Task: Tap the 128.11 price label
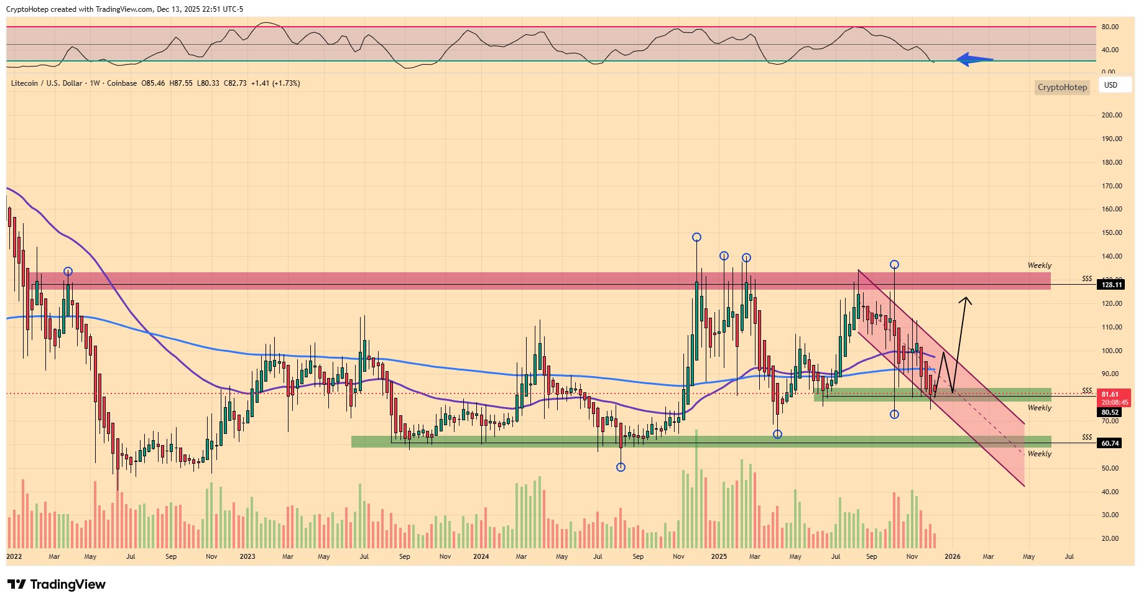1112,285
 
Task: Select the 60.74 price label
1110,443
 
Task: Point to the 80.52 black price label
1110,412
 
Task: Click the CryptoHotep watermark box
1062,87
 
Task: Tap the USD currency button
1111,85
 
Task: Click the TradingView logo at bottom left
57,584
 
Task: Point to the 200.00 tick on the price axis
1112,115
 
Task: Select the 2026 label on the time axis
952,556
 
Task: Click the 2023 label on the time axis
247,556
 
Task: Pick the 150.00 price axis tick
1112,232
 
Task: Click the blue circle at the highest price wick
696,237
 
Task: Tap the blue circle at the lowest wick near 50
621,467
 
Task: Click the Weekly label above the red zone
1039,265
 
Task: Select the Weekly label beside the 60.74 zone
1039,454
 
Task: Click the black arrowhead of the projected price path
966,301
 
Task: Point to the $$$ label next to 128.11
1087,278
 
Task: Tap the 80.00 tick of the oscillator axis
1110,27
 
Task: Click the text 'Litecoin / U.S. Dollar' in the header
46,83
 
